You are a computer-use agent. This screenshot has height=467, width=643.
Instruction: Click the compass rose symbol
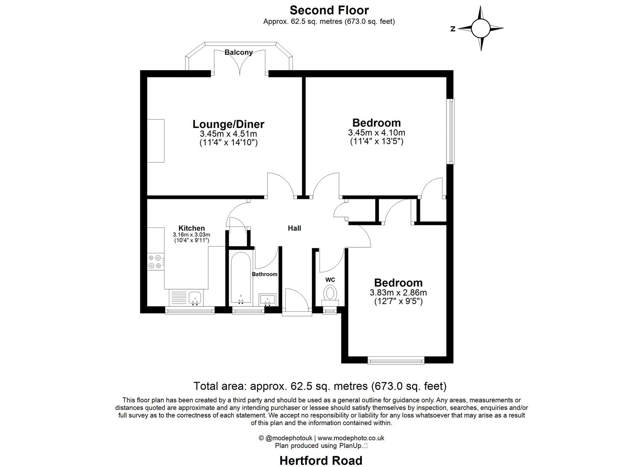pos(480,29)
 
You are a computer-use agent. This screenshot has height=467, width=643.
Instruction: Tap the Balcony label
pos(239,52)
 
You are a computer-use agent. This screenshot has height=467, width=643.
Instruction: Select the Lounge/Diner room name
pos(228,124)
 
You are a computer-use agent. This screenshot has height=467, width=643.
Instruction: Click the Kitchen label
pos(191,228)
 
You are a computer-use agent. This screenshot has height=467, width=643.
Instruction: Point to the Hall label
pos(294,228)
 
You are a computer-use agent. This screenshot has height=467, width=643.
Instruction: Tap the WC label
pos(330,280)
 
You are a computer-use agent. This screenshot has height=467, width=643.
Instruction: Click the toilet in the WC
pos(330,294)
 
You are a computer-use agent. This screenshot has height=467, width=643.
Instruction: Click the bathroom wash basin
pos(268,299)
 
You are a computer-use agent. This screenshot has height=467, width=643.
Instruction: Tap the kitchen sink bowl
pos(194,298)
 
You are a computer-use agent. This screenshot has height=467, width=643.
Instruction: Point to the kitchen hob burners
pos(155,262)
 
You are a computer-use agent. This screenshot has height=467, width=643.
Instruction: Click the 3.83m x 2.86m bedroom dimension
pos(398,293)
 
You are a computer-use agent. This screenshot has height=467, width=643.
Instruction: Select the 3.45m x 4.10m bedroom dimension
pos(376,133)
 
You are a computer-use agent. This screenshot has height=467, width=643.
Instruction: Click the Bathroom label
pos(265,274)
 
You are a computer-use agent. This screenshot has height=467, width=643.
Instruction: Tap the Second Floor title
pos(329,10)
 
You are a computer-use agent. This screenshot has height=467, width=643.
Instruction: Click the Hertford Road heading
pos(321,461)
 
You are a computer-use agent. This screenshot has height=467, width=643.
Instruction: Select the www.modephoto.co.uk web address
pos(351,438)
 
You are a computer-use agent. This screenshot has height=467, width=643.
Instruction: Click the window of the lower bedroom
pos(396,360)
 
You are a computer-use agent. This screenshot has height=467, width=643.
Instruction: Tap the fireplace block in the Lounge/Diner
pos(155,141)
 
